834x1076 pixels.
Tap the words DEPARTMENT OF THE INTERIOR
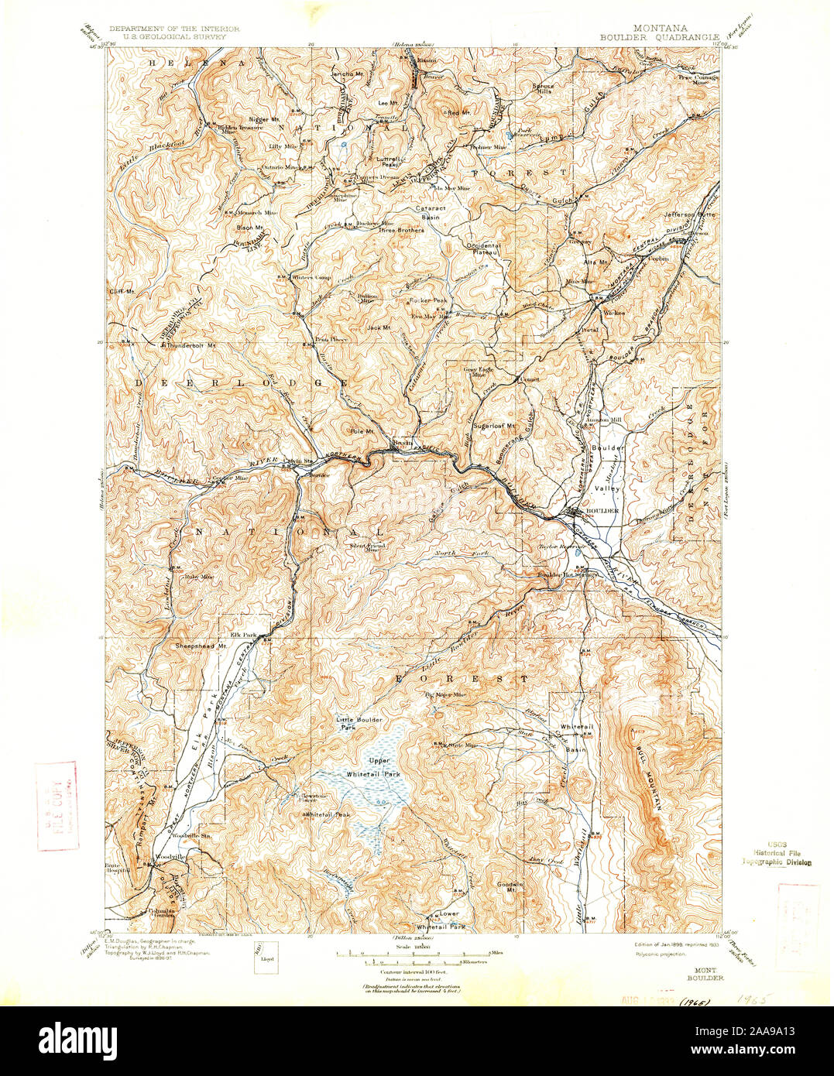(x=174, y=28)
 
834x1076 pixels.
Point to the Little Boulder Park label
(x=359, y=723)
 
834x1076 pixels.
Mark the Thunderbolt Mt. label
(x=187, y=345)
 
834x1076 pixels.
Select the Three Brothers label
(x=400, y=231)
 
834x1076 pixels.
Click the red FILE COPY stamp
(x=57, y=805)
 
